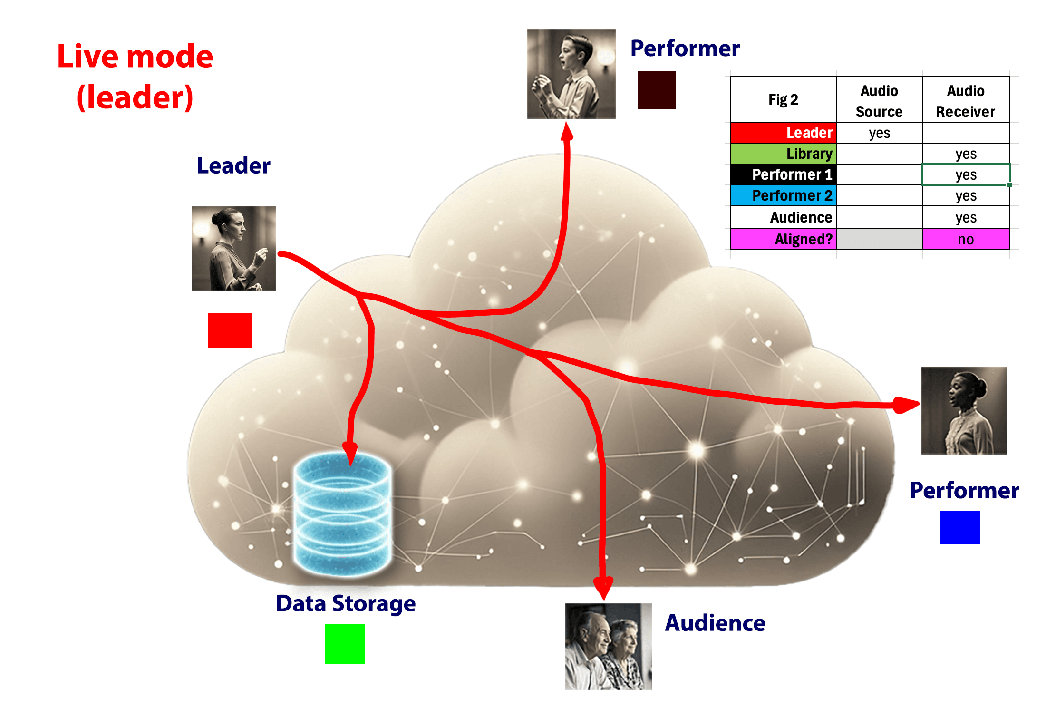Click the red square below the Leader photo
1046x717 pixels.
[x=229, y=330]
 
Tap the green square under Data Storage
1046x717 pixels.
[x=344, y=643]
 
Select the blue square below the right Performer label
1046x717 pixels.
[x=960, y=527]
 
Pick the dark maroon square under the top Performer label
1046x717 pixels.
[x=656, y=90]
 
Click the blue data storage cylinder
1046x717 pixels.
[x=342, y=514]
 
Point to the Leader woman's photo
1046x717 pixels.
[x=233, y=248]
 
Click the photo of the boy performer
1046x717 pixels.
[x=571, y=74]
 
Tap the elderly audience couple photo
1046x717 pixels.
[x=609, y=646]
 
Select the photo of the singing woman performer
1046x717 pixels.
[x=964, y=410]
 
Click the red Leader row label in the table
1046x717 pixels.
[x=784, y=133]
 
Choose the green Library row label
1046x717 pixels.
[x=784, y=154]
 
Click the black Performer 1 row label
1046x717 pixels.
[x=784, y=174]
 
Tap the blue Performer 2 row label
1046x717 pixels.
[x=784, y=195]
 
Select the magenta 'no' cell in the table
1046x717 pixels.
[x=966, y=239]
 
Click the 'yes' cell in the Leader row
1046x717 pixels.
[x=879, y=133]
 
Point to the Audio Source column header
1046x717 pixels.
[x=879, y=101]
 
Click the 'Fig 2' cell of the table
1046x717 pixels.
[x=783, y=99]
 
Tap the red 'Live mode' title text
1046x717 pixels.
[x=135, y=57]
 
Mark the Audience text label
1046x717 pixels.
[x=715, y=623]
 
